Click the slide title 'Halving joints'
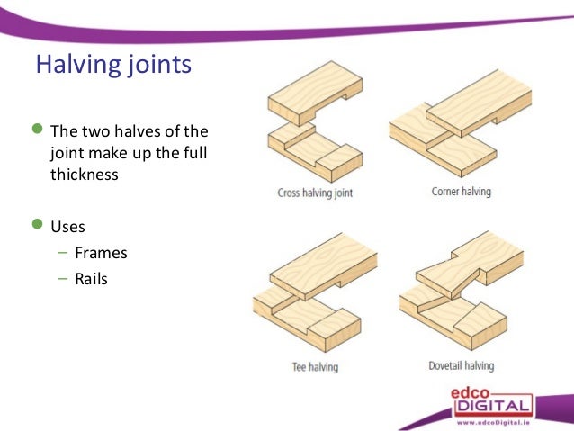click(112, 66)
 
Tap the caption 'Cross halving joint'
click(315, 193)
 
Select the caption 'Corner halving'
click(461, 192)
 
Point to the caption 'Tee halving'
click(314, 366)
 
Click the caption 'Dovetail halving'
click(461, 366)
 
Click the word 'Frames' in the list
click(101, 253)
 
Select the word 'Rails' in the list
click(91, 279)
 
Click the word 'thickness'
click(84, 175)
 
